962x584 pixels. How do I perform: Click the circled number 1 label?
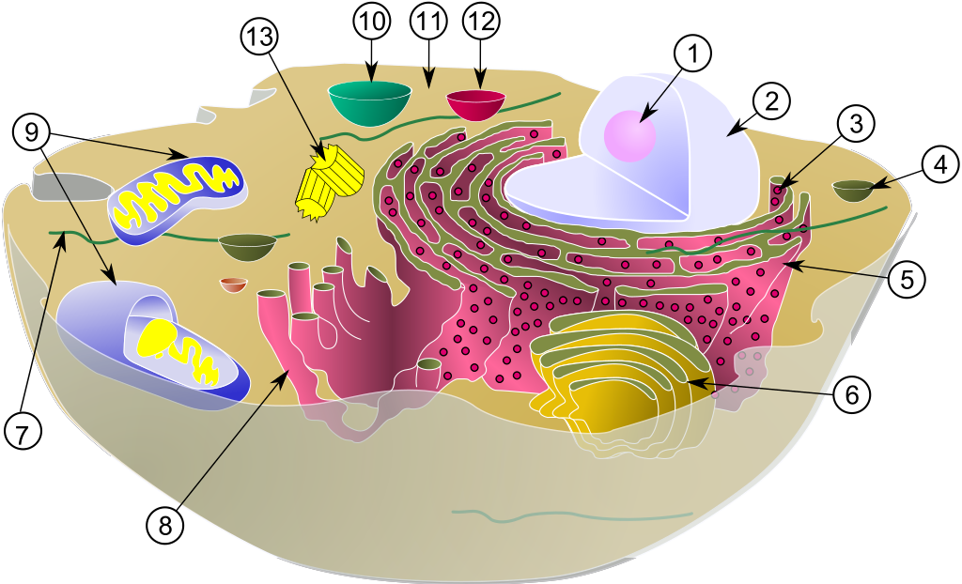693,56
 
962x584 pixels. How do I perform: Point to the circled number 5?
907,278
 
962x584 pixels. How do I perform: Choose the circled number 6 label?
851,393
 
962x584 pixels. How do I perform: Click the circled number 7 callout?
23,431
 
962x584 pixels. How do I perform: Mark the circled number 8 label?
165,525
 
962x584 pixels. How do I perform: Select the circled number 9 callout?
31,131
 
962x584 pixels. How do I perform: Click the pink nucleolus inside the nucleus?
629,133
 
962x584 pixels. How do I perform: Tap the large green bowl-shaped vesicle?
371,101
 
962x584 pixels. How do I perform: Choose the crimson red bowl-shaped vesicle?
474,103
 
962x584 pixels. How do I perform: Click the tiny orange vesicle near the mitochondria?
233,284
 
